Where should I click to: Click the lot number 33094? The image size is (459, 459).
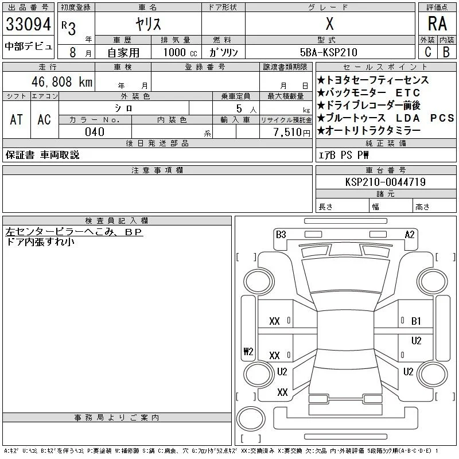point(28,24)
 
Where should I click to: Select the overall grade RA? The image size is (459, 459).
point(437,24)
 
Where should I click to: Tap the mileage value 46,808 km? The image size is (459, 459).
point(62,81)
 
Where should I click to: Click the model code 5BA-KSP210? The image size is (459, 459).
point(328,52)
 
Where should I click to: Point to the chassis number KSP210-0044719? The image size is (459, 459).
point(386,182)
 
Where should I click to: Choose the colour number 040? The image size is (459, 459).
point(95,132)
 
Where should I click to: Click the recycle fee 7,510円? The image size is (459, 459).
point(292,132)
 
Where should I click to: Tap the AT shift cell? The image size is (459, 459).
point(17,119)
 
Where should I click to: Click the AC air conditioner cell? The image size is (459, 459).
point(44,119)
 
